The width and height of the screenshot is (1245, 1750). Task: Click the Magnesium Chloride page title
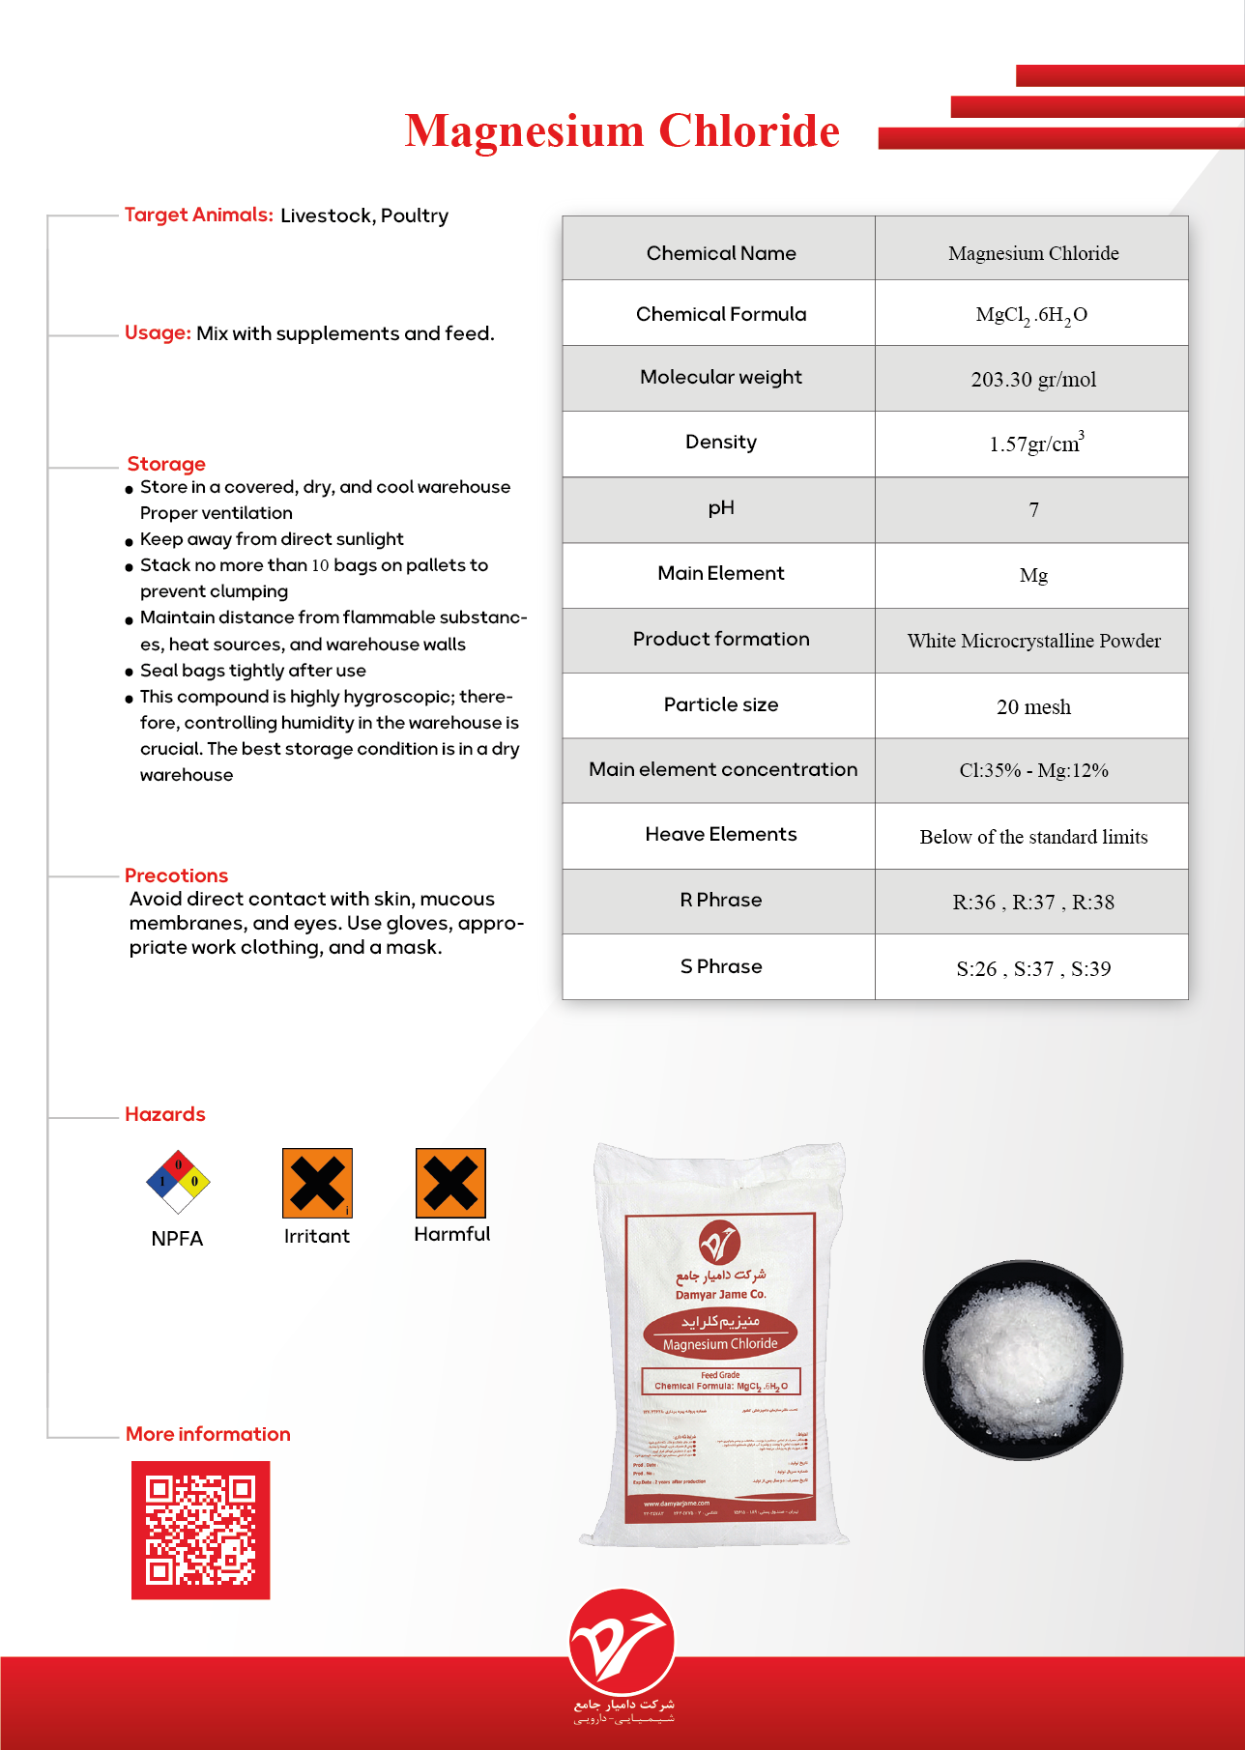(622, 131)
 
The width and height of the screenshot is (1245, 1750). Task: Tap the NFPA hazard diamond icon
(178, 1181)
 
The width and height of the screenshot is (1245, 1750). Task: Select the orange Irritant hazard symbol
(317, 1183)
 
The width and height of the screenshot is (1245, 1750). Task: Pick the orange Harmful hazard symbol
(450, 1183)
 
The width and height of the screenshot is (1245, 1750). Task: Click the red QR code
(201, 1530)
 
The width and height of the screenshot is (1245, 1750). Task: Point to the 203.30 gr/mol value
(1033, 379)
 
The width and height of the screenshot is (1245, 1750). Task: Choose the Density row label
(721, 443)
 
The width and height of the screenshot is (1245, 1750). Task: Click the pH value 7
(1033, 510)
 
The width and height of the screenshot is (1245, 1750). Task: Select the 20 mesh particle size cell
(1033, 707)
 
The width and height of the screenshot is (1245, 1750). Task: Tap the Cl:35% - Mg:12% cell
(1033, 770)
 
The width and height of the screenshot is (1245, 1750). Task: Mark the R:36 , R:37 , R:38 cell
(1033, 903)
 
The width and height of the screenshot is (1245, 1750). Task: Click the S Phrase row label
(721, 966)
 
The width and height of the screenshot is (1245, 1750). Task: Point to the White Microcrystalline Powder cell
(1033, 641)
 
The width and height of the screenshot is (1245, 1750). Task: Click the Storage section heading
(166, 464)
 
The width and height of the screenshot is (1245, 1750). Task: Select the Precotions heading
(176, 875)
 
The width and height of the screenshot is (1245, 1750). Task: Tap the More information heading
(208, 1434)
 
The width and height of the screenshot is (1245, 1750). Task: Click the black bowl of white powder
(1023, 1360)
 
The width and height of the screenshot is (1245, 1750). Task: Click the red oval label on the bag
(720, 1333)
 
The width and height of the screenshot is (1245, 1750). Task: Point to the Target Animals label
(198, 215)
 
